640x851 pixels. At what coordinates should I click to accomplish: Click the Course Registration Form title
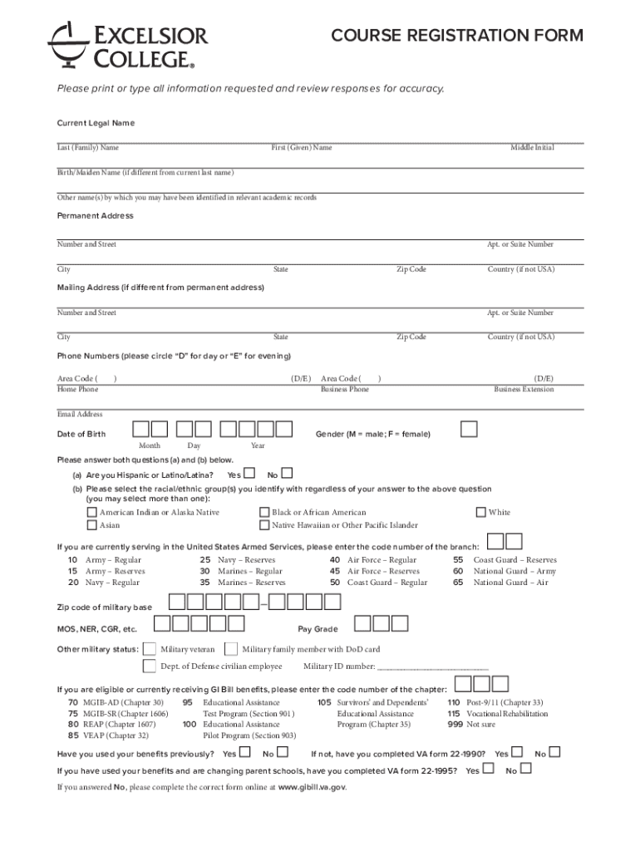point(456,36)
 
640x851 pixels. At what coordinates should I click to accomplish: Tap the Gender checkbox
point(470,429)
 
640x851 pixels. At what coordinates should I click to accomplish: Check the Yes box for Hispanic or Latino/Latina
point(249,474)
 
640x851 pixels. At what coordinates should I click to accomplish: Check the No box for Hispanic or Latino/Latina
point(287,474)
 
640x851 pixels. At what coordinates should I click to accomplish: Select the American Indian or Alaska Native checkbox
point(91,513)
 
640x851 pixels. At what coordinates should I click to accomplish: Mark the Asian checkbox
point(91,525)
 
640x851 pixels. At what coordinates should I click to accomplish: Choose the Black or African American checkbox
point(264,513)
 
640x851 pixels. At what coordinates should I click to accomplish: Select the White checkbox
point(480,513)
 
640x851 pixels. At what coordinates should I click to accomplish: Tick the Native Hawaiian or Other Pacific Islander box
point(264,525)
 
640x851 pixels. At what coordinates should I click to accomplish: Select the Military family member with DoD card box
point(231,649)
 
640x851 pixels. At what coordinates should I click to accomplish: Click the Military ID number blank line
point(432,667)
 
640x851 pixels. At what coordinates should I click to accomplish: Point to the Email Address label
point(80,414)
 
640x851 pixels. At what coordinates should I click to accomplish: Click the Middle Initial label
point(532,148)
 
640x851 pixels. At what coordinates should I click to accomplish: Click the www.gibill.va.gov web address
point(312,786)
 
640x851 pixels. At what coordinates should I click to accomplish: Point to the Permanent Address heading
point(95,216)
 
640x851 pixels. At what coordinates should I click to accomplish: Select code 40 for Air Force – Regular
point(335,560)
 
